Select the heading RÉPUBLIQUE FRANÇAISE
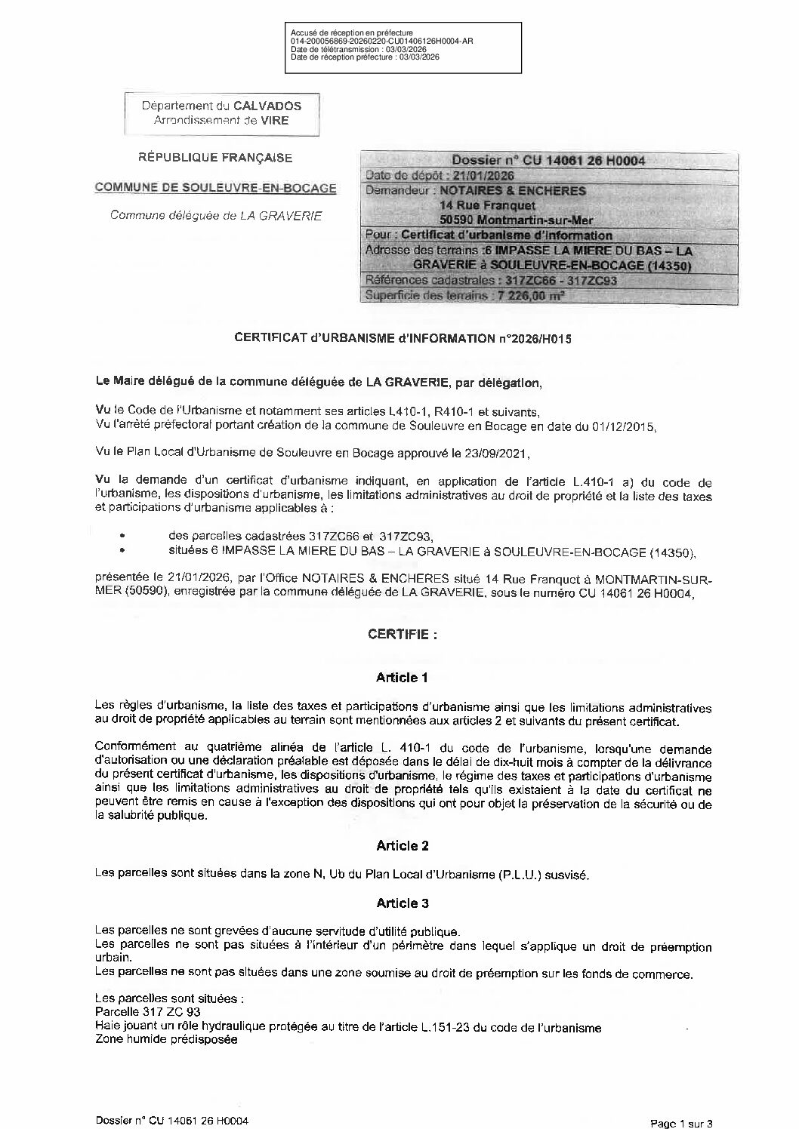coord(215,158)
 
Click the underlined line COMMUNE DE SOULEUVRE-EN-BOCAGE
coord(216,187)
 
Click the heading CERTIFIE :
coord(402,635)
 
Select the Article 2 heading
coord(402,846)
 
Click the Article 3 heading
coord(402,903)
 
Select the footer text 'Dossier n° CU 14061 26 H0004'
coord(173,1121)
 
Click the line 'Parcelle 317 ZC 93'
coord(148,1011)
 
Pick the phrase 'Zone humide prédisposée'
coord(166,1039)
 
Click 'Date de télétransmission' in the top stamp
coord(321,49)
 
